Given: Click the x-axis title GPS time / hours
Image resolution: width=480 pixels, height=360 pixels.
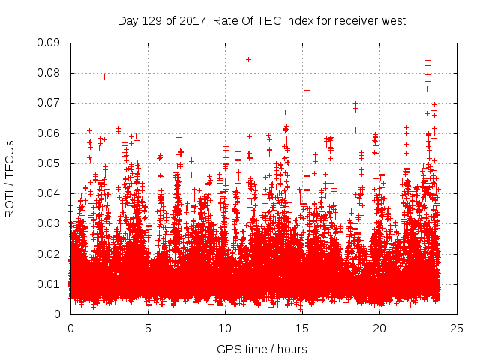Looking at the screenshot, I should click(262, 349).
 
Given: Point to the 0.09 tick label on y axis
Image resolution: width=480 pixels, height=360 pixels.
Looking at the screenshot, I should click(49, 43).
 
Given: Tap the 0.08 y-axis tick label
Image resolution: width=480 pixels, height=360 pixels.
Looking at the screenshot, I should click(49, 73).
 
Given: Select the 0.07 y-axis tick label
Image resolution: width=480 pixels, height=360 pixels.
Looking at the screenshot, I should click(49, 103).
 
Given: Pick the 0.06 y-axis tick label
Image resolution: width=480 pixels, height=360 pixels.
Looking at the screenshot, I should click(49, 133).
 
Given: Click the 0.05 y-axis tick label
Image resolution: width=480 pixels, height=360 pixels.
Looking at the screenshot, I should click(49, 163).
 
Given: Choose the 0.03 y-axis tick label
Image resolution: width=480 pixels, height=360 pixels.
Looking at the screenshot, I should click(49, 223).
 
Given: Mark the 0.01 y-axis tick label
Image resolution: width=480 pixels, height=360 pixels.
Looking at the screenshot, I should click(49, 283).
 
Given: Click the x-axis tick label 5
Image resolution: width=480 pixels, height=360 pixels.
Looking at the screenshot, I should click(148, 328).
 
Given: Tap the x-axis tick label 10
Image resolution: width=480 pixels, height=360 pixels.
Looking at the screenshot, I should click(225, 328).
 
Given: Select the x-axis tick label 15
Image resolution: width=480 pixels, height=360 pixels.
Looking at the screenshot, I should click(302, 328).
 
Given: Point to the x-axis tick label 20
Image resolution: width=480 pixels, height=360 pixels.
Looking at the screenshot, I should click(379, 328).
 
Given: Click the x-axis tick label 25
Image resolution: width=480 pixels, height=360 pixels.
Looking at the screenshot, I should click(457, 328).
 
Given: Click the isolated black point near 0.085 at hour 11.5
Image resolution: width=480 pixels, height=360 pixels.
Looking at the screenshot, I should click(248, 59).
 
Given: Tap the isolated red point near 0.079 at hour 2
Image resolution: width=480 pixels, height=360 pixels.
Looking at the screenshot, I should click(104, 76).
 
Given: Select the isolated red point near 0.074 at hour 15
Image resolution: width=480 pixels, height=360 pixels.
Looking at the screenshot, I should click(307, 90).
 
